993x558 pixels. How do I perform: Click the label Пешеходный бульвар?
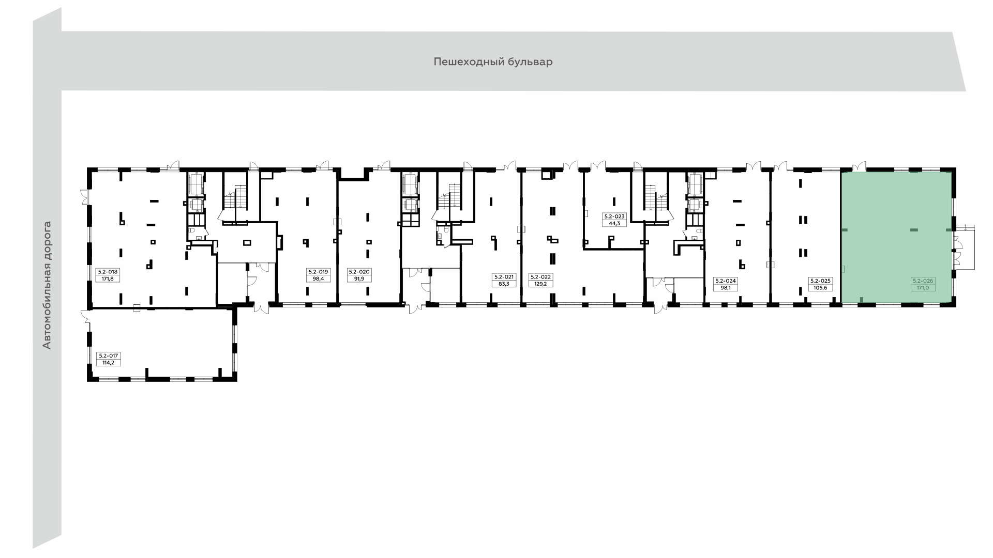493,62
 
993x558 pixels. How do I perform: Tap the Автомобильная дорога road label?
47,285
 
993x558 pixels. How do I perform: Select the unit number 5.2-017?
109,356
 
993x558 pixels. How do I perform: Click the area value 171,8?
109,278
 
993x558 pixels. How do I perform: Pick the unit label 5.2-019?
318,272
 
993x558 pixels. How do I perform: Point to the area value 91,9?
359,278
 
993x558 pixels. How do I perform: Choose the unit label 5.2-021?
504,277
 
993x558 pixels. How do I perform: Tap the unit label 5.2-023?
614,217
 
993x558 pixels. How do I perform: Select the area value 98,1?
725,288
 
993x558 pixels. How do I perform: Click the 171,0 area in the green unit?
923,288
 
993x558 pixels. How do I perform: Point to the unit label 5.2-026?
923,281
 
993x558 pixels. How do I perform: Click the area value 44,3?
614,224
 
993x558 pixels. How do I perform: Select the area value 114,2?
109,363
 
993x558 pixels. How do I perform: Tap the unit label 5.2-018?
109,272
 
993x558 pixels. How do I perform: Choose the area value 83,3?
504,284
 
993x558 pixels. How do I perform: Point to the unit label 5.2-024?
725,281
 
